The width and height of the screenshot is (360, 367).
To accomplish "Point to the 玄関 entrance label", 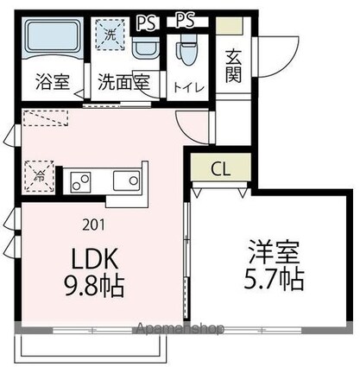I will (x=233, y=66).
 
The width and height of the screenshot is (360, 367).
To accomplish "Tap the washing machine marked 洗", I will (x=111, y=38).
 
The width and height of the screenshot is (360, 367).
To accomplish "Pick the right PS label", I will (x=185, y=21).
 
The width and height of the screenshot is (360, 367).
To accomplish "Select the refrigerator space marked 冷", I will (x=40, y=174).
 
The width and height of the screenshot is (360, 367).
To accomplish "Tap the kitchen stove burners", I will (x=83, y=181).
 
